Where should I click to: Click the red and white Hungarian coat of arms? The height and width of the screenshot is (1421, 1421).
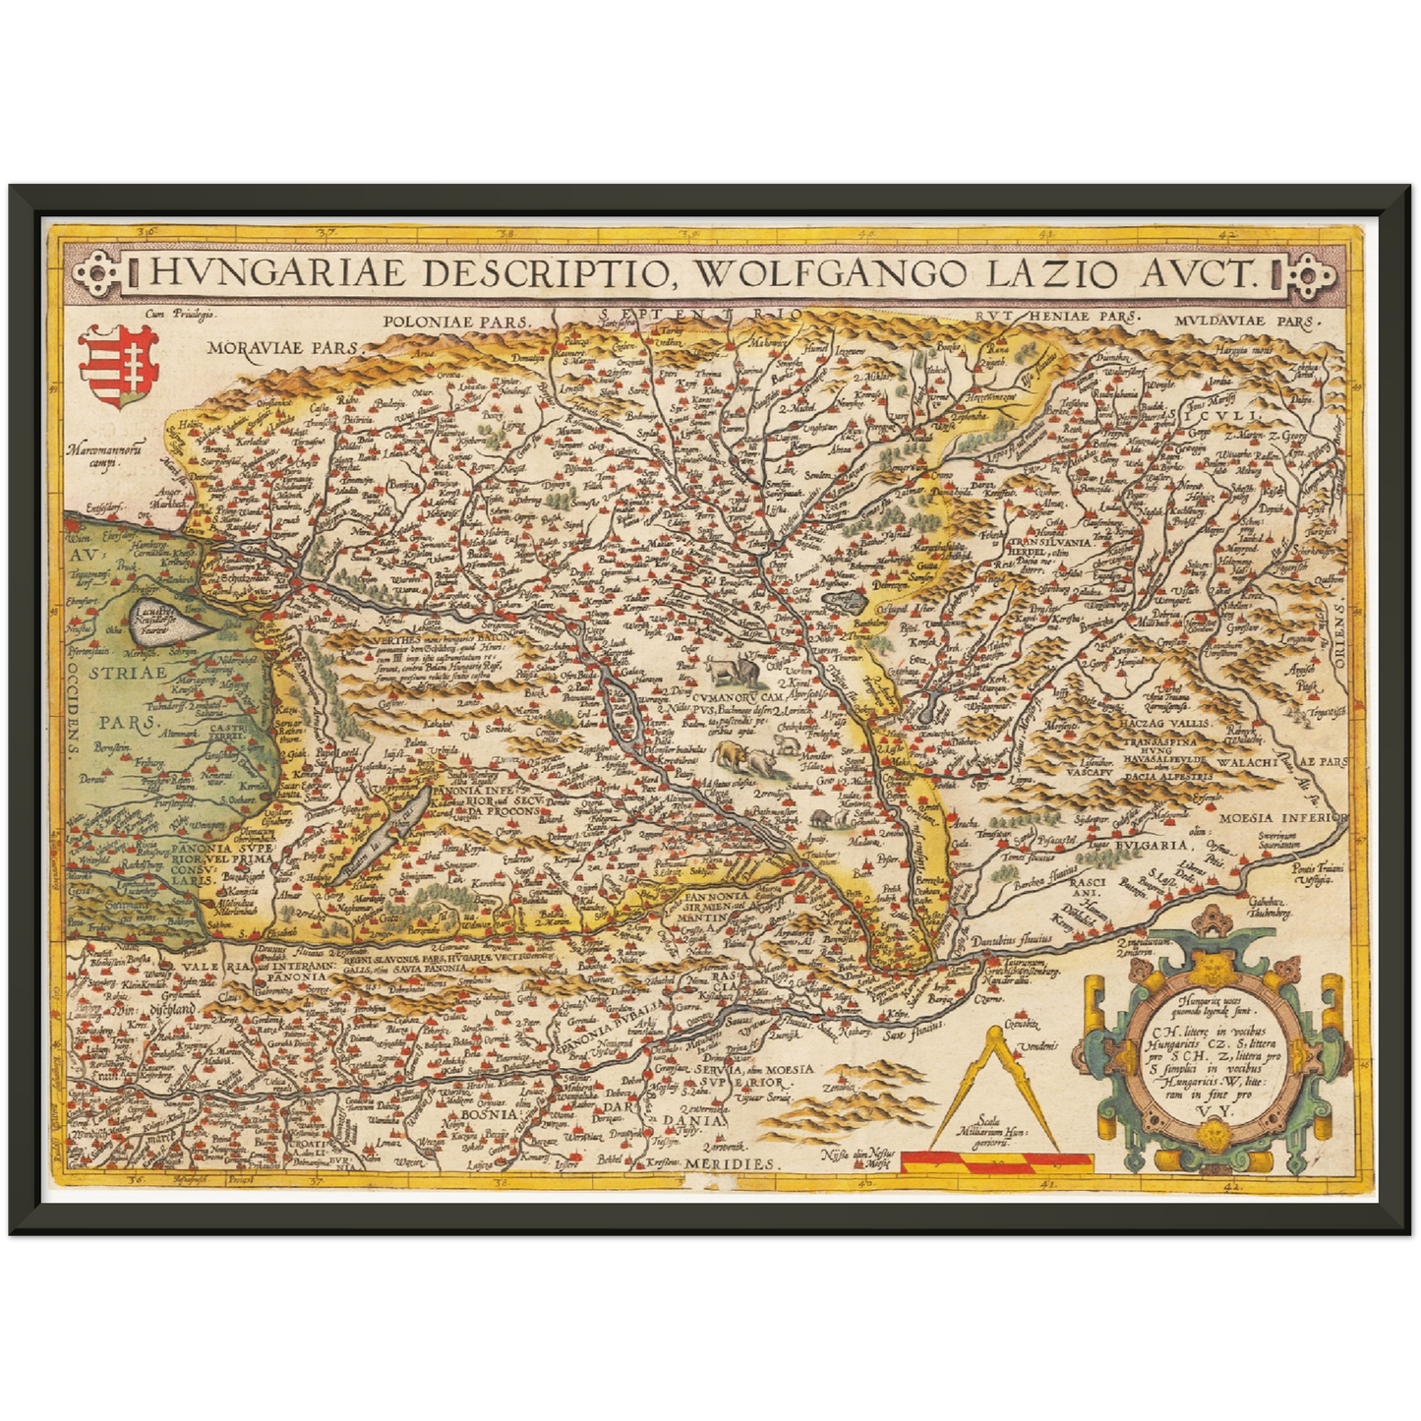click(x=117, y=366)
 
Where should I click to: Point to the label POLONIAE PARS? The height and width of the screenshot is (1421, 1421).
click(x=456, y=321)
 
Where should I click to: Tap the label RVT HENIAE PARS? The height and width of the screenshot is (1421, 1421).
click(x=1056, y=317)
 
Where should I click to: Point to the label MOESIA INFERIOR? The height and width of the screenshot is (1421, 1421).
click(x=1281, y=816)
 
